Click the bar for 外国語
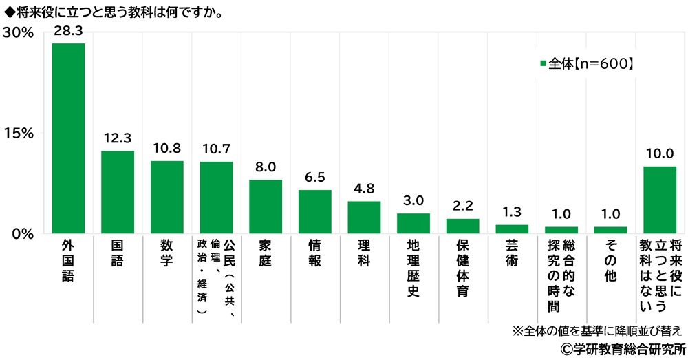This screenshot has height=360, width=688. (69, 138)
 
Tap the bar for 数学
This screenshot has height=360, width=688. (167, 197)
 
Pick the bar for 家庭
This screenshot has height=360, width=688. (266, 206)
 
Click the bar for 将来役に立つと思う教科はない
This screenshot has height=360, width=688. (659, 200)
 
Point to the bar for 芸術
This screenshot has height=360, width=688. (512, 229)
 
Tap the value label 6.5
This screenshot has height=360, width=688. (314, 177)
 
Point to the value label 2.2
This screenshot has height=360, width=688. (462, 205)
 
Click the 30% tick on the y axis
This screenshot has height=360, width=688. (18, 32)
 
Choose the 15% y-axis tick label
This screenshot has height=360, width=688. (18, 133)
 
